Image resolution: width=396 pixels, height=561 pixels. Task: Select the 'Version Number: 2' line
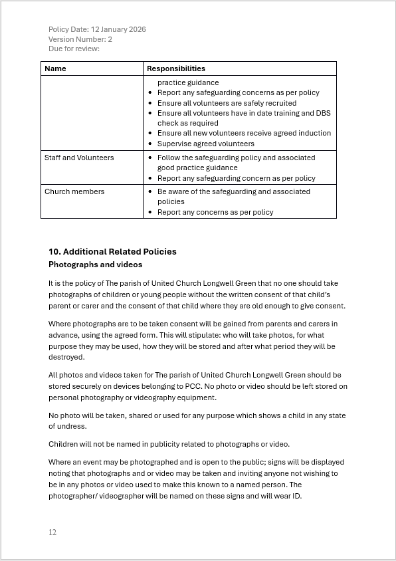click(x=80, y=39)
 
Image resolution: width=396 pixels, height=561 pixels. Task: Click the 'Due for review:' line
click(x=74, y=49)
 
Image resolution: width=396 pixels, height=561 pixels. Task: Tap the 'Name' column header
click(x=55, y=68)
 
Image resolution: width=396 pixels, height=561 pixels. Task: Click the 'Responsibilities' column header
click(x=176, y=68)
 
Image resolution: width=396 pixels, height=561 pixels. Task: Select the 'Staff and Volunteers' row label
click(x=79, y=158)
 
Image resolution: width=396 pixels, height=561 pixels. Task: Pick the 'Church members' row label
click(x=74, y=191)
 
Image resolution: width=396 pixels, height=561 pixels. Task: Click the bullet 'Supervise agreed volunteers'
click(x=205, y=144)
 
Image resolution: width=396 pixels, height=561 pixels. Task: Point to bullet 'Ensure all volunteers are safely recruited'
click(x=227, y=103)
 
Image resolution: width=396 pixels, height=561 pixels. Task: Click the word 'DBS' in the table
click(x=323, y=113)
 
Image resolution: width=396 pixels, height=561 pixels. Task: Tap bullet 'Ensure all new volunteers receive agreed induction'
click(x=244, y=133)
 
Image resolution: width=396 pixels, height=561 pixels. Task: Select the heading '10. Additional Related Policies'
click(x=112, y=251)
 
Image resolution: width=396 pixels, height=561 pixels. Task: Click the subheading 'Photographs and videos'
click(x=95, y=265)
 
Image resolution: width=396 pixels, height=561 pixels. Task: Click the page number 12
click(x=52, y=532)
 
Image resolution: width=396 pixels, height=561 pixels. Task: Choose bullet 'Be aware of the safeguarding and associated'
click(x=233, y=191)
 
